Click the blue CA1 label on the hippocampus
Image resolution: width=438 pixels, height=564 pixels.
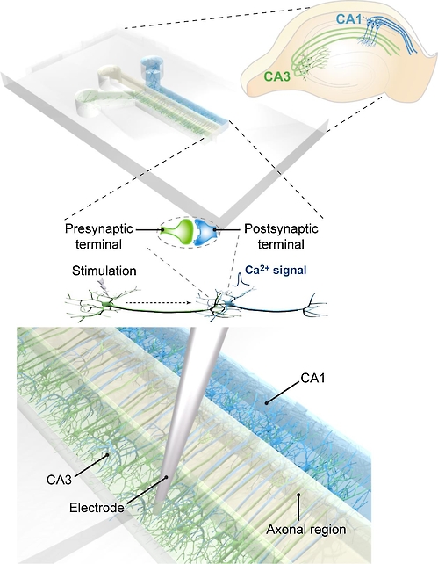[x=348, y=19]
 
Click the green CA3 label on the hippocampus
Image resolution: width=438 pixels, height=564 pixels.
[x=276, y=76]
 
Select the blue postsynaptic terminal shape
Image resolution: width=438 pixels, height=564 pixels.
[x=205, y=233]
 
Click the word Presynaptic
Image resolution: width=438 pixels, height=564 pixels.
[x=99, y=229]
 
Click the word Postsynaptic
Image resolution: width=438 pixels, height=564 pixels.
[x=281, y=228]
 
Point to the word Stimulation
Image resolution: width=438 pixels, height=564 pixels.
[x=104, y=271]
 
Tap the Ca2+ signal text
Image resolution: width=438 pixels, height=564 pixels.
[x=276, y=270]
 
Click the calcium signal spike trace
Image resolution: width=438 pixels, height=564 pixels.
[x=241, y=279]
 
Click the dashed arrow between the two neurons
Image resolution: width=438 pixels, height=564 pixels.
[x=160, y=302]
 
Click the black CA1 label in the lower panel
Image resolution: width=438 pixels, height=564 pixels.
[x=312, y=378]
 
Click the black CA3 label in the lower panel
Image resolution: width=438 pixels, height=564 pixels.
[x=60, y=480]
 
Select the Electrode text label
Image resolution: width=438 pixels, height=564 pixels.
[x=97, y=508]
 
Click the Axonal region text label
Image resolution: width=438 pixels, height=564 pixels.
[x=306, y=529]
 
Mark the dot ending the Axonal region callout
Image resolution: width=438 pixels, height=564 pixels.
[x=298, y=495]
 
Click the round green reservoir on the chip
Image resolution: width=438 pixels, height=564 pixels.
[x=89, y=104]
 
